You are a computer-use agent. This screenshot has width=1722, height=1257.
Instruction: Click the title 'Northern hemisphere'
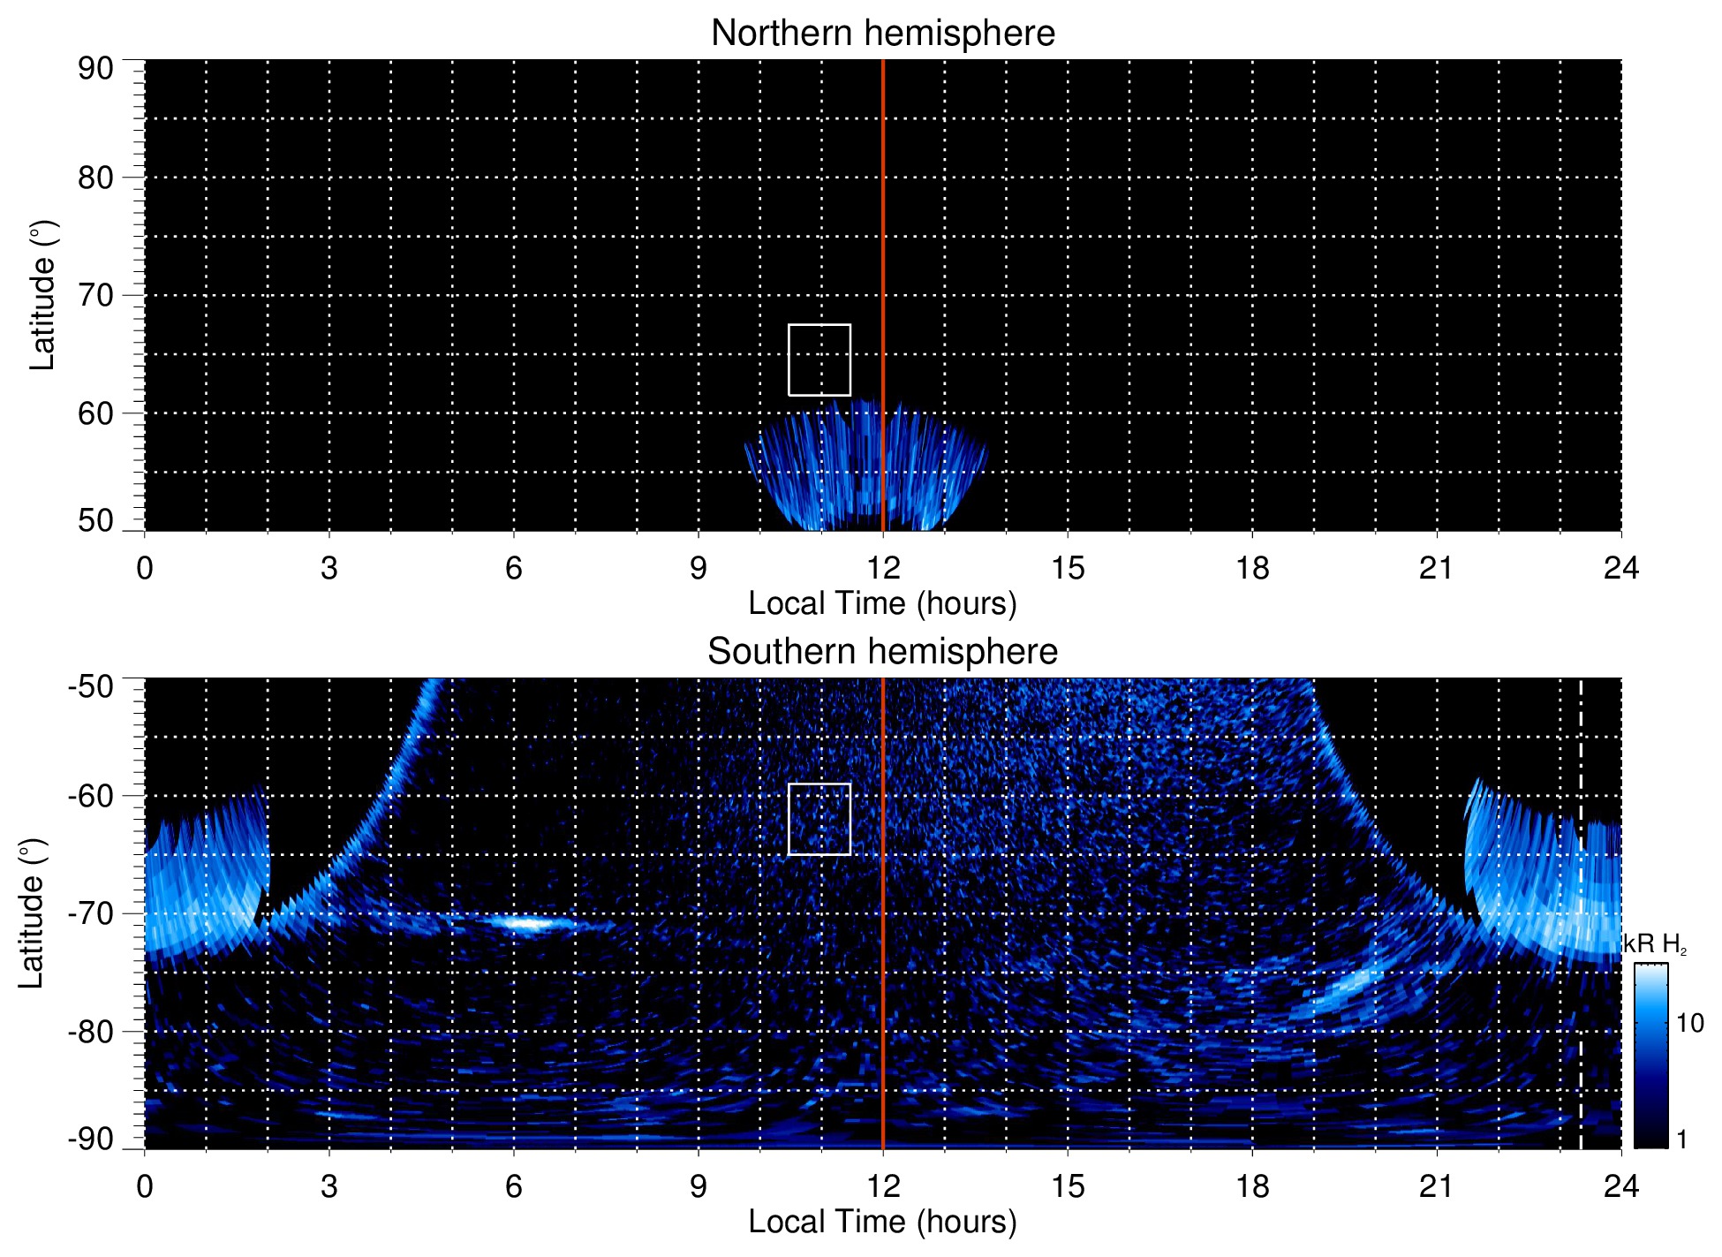click(882, 34)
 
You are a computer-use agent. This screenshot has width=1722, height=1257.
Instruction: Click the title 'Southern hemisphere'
click(882, 652)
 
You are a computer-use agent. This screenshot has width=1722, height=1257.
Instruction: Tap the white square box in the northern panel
click(819, 360)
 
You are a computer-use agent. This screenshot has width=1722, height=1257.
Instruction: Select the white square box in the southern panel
click(819, 819)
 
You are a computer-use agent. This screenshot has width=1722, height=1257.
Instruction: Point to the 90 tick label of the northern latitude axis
click(95, 69)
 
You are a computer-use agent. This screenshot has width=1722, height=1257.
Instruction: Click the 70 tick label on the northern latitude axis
click(95, 295)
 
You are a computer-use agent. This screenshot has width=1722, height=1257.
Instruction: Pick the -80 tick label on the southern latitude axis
click(91, 1031)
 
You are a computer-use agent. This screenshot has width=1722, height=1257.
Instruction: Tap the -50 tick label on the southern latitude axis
click(91, 686)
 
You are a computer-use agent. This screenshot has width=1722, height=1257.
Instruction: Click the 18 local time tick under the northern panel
click(1252, 568)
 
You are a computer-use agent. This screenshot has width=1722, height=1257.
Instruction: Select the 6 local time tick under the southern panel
click(514, 1186)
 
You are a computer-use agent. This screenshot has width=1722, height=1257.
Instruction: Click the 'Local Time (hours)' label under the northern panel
click(882, 603)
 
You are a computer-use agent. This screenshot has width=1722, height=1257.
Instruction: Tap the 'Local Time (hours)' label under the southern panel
click(882, 1222)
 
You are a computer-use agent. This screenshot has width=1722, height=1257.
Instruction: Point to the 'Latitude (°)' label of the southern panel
click(31, 913)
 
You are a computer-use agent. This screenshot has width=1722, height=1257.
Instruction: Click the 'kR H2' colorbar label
click(1655, 945)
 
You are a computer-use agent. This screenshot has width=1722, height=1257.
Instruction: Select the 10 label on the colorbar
click(1689, 1024)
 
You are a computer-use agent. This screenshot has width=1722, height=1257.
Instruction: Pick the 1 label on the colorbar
click(1681, 1140)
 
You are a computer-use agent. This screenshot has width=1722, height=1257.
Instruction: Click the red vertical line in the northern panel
click(883, 265)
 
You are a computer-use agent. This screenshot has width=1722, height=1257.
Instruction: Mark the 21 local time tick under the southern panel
click(1437, 1186)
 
